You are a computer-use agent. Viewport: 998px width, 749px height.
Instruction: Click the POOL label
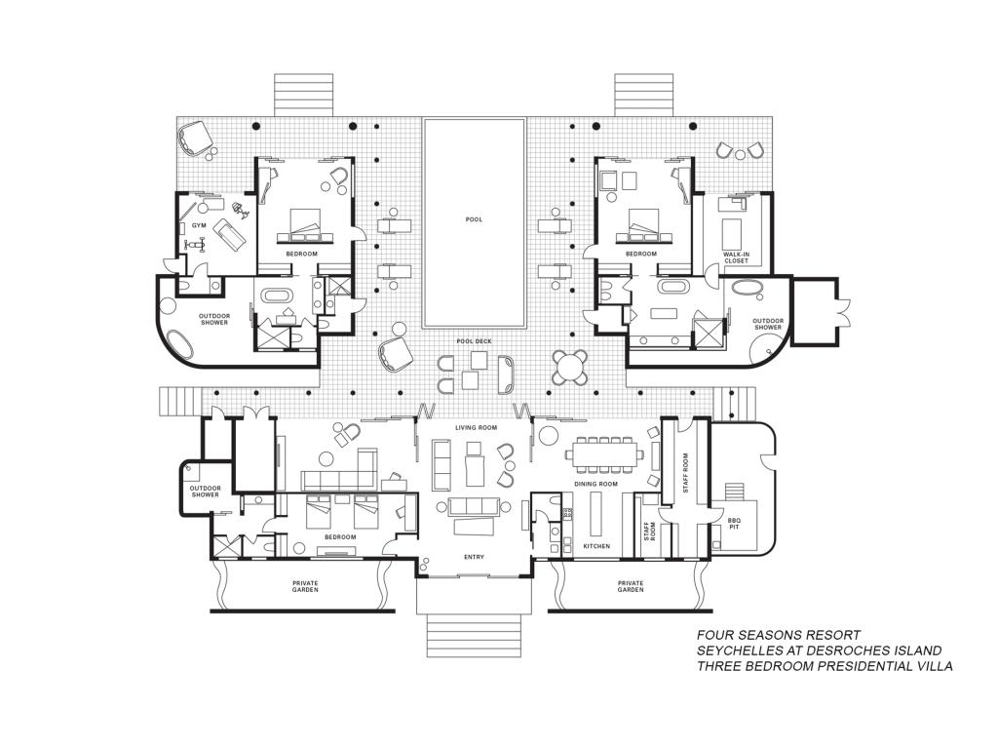(474, 219)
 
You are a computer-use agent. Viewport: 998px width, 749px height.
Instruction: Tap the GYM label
(199, 225)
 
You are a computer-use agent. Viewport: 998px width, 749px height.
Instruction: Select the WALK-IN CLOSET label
(737, 257)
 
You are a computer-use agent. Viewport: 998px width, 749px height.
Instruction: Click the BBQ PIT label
(734, 524)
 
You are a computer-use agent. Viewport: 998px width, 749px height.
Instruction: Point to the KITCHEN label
(596, 546)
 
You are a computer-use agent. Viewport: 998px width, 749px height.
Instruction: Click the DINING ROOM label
(595, 484)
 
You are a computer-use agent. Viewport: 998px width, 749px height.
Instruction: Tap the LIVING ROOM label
(476, 427)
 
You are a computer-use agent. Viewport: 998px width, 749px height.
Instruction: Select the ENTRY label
(475, 557)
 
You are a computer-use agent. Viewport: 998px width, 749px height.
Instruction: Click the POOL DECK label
(475, 341)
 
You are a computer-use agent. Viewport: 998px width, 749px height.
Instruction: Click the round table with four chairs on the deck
(569, 367)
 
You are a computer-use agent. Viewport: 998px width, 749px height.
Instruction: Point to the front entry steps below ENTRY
(474, 635)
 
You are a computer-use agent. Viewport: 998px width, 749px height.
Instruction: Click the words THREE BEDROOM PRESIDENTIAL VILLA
(825, 666)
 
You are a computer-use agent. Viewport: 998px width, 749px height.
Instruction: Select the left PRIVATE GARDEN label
(305, 586)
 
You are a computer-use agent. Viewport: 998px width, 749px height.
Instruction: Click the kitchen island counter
(595, 514)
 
